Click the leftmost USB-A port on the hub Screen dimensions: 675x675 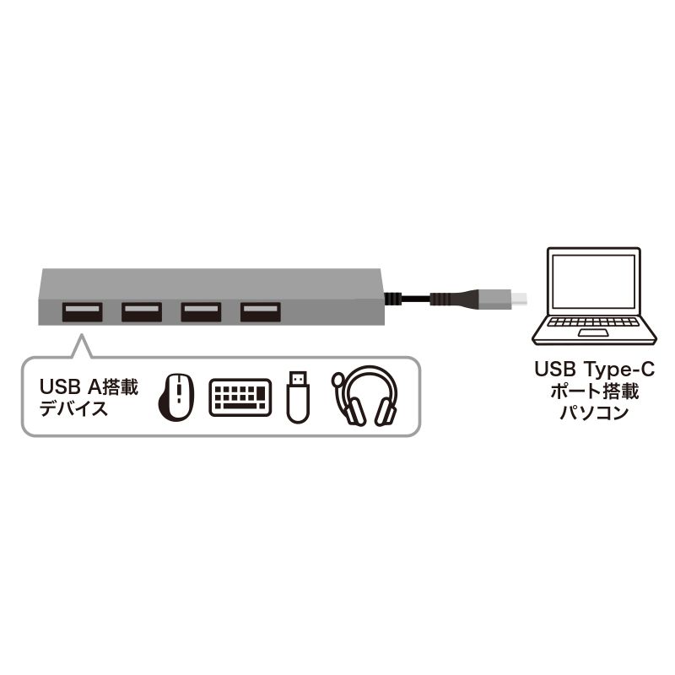click(x=82, y=312)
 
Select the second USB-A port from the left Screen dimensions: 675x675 click(x=141, y=312)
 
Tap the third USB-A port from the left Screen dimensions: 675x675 click(x=200, y=312)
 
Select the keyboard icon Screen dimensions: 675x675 click(x=240, y=396)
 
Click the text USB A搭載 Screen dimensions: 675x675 click(x=89, y=386)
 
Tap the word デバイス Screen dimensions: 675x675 click(x=73, y=409)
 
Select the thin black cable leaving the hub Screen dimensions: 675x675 click(x=407, y=299)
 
